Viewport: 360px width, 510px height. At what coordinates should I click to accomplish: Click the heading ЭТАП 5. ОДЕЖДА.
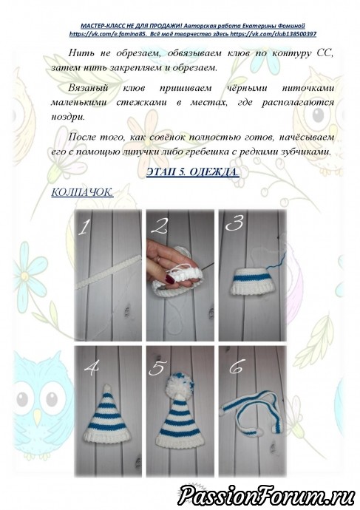pos(192,171)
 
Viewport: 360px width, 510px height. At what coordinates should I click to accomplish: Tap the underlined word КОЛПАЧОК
pos(82,192)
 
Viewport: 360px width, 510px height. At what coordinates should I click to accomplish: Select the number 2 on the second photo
pos(160,226)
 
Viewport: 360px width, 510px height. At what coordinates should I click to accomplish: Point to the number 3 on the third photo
pos(234,223)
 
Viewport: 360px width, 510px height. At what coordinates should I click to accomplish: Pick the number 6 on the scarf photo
pos(237,367)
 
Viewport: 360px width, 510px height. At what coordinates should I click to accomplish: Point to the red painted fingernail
pos(170,279)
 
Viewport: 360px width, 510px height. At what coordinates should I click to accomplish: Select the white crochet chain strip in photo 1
pos(109,271)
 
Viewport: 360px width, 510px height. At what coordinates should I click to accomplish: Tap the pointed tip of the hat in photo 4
pos(106,386)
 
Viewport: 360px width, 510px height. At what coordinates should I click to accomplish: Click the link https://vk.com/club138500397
pos(273,34)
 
